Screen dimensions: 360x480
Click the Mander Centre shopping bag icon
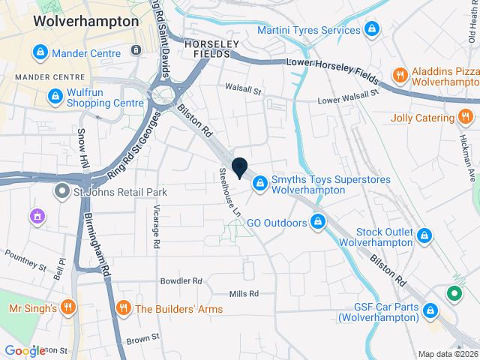pos(40,53)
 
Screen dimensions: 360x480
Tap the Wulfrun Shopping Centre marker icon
pos(55,97)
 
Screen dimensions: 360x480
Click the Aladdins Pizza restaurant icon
pos(400,75)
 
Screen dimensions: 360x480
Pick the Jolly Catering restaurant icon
pos(466,118)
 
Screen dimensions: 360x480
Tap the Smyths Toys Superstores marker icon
pos(259,182)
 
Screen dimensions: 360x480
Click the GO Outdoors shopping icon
pos(319,223)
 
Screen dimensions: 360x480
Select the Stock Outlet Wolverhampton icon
pos(425,235)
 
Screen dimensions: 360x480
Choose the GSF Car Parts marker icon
pos(430,310)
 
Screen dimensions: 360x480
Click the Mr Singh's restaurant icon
pos(68,307)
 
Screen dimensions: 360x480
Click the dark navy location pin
pos(240,169)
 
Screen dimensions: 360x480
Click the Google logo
pos(25,350)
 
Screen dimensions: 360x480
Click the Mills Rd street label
pos(244,293)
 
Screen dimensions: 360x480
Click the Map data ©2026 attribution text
pos(447,354)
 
